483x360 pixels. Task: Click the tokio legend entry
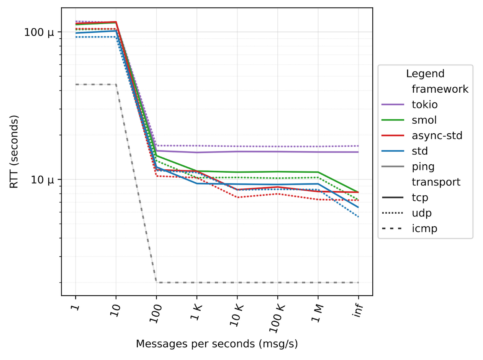[x=424, y=104]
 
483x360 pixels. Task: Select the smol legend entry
[x=423, y=120]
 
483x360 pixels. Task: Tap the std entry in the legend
[x=419, y=151]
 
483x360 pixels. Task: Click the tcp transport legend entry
[x=419, y=198]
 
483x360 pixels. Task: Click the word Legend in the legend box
[x=425, y=73]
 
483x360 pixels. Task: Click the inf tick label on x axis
[x=357, y=308]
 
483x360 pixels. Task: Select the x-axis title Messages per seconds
[x=216, y=344]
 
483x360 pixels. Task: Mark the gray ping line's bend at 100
[x=156, y=282]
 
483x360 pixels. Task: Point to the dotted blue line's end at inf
[x=359, y=217]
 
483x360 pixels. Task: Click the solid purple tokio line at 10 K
[x=237, y=151]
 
